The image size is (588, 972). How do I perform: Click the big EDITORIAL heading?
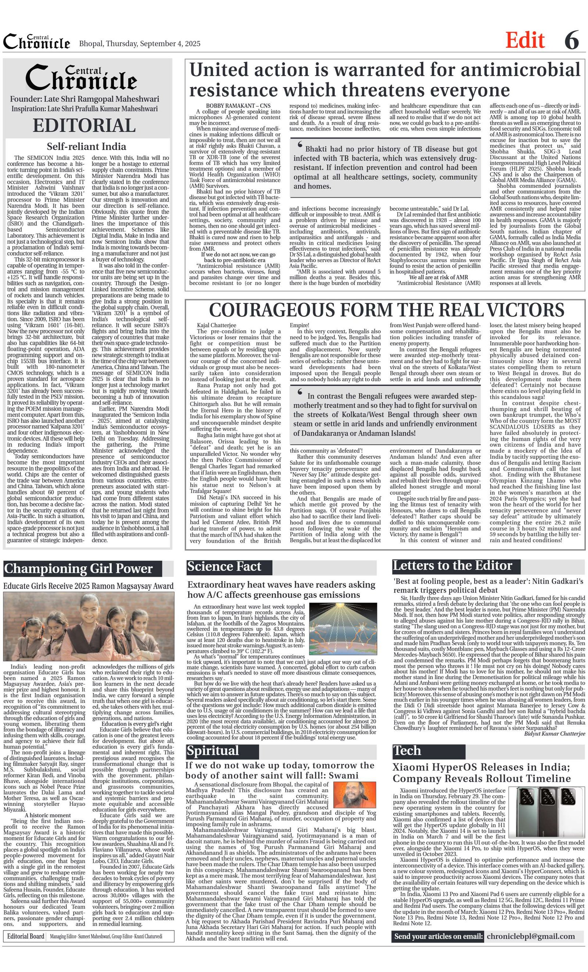[84, 125]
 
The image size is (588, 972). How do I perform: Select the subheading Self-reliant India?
[86, 146]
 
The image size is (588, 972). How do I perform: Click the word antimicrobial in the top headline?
[520, 70]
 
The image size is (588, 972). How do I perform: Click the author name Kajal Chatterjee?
[216, 325]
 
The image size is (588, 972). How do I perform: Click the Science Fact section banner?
[224, 567]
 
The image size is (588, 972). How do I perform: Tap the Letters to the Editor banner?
[452, 566]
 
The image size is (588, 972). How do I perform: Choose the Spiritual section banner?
[213, 750]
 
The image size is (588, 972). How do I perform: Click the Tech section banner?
[406, 750]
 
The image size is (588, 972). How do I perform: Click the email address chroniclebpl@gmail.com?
[530, 936]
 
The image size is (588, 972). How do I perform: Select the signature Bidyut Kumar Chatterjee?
[555, 733]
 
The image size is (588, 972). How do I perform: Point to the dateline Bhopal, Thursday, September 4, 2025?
[140, 44]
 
